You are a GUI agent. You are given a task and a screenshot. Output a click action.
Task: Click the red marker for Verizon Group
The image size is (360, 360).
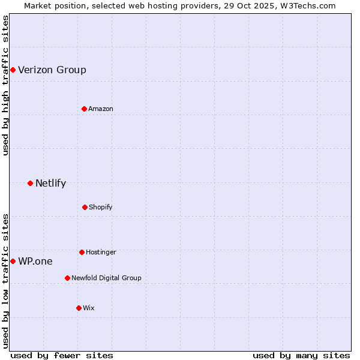[13, 70]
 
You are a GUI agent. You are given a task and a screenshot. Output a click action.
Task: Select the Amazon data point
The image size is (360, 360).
[84, 109]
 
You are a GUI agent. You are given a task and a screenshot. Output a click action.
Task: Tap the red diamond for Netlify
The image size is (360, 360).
[30, 183]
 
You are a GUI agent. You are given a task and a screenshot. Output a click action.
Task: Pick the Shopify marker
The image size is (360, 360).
[85, 207]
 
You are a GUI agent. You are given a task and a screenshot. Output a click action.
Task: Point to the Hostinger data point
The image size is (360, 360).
[82, 252]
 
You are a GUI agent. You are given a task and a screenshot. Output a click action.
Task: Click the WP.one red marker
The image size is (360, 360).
[13, 261]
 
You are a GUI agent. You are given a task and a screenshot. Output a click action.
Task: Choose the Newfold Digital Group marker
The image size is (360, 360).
[67, 278]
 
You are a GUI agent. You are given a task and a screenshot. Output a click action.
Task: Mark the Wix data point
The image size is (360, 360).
[79, 308]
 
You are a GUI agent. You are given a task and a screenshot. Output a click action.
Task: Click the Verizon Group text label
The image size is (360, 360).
[52, 70]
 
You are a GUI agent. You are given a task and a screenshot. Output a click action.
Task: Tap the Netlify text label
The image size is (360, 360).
[50, 184]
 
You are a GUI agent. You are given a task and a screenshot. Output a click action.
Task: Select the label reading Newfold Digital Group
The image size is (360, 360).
[106, 278]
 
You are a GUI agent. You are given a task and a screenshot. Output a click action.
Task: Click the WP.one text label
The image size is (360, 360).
[35, 262]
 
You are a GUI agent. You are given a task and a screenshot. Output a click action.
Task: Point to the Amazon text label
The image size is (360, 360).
[101, 109]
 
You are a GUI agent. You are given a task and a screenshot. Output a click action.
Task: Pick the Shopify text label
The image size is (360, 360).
[101, 207]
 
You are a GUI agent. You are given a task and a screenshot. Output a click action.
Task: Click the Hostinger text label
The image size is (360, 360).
[101, 252]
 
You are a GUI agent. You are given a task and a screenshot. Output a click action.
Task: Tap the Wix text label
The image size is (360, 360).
[89, 308]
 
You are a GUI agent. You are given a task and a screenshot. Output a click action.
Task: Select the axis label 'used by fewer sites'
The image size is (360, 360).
[62, 355]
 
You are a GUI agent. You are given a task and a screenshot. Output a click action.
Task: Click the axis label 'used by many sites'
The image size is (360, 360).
[301, 355]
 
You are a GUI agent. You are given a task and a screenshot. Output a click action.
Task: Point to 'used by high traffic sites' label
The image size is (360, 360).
[5, 85]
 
